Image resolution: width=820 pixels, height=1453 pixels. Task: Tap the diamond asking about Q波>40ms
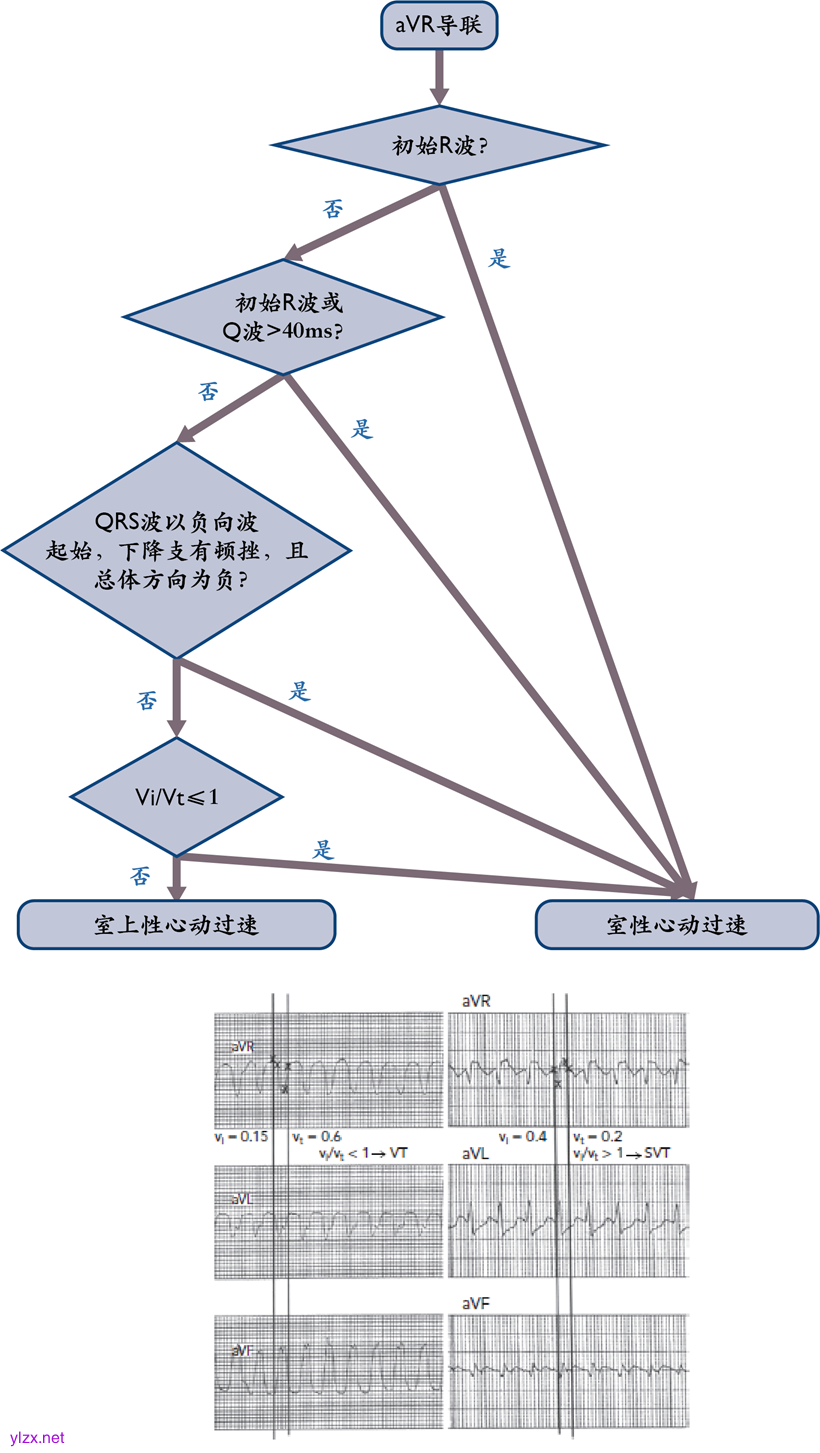(283, 317)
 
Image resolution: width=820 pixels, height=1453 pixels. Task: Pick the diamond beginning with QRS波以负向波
(176, 550)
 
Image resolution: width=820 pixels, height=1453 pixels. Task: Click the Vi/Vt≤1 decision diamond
(176, 796)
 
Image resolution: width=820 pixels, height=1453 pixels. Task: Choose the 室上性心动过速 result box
(176, 924)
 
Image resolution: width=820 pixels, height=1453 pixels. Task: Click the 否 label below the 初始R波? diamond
(333, 209)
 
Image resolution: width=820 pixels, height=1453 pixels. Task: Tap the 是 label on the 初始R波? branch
(499, 258)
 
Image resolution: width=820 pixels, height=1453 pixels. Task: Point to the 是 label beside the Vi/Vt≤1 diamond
(323, 850)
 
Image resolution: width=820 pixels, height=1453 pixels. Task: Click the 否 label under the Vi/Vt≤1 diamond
(141, 876)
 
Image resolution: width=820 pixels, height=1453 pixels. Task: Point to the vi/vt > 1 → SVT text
(620, 1154)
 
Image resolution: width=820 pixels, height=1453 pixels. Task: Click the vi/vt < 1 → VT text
(364, 1154)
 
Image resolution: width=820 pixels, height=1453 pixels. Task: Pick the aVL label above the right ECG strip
(478, 1154)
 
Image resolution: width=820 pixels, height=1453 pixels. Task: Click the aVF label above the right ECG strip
(478, 1303)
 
